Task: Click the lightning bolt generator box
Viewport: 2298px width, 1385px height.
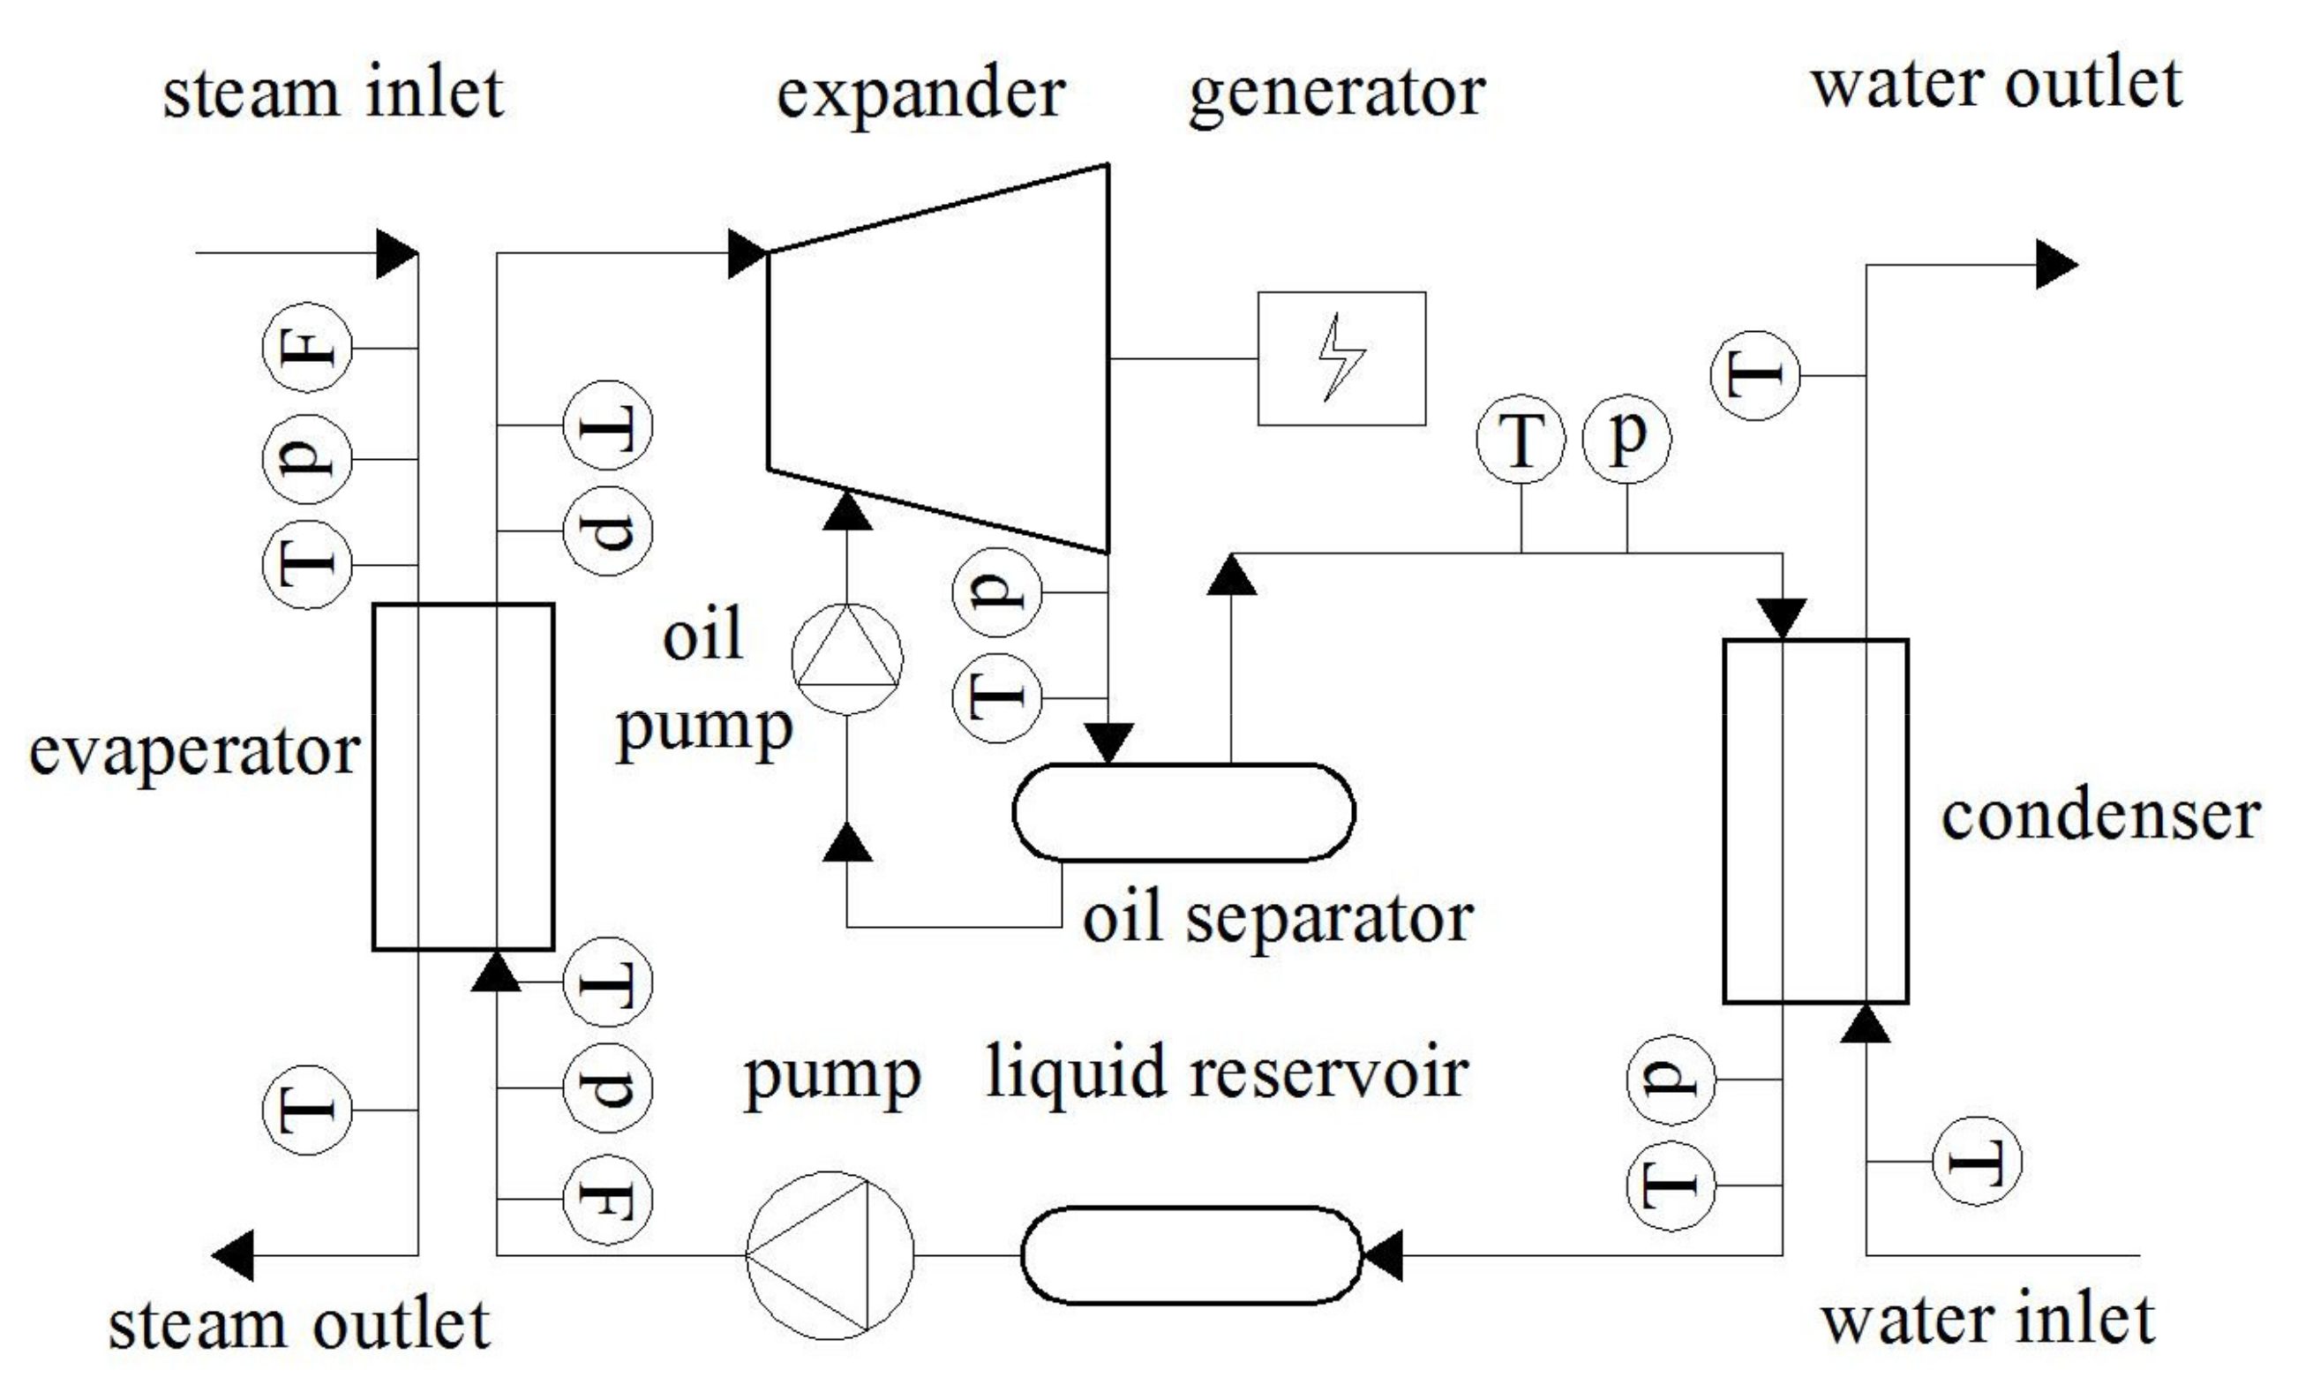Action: (x=1341, y=359)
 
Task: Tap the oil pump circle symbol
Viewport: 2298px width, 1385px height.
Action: (x=847, y=659)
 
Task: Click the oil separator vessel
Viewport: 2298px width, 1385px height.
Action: (x=1183, y=811)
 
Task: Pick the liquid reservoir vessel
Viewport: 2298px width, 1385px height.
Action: (x=1191, y=1254)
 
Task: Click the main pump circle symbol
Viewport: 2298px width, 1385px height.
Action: (x=830, y=1254)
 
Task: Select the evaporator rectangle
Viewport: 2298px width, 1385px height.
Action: (x=463, y=776)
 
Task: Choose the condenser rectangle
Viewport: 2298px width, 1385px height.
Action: (x=1815, y=821)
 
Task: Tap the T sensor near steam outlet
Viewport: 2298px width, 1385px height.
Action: (x=307, y=1110)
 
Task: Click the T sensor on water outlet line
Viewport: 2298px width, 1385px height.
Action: (x=1755, y=376)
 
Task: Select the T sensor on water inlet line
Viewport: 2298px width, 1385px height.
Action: (x=1976, y=1161)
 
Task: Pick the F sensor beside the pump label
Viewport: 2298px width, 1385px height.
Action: (x=607, y=1199)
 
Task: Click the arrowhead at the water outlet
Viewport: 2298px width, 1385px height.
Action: (x=2055, y=265)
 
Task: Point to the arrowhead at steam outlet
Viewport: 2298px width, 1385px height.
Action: (x=233, y=1255)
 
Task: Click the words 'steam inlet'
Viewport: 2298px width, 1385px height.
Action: (x=333, y=94)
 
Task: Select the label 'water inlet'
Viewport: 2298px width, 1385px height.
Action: (x=1987, y=1320)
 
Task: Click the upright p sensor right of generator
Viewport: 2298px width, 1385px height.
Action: (x=1626, y=439)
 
